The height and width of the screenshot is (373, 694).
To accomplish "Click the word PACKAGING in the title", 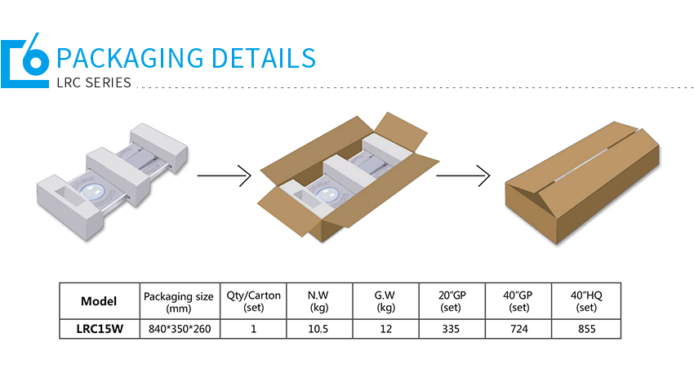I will (x=130, y=59).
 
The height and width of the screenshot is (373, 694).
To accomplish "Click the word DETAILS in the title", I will (x=263, y=59).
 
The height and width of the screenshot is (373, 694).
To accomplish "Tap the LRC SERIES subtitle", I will (x=94, y=82).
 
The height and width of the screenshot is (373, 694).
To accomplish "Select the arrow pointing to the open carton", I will (x=222, y=175).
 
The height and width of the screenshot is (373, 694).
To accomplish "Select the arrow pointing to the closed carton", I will (x=462, y=175).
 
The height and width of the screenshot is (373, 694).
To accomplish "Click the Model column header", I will (x=99, y=301).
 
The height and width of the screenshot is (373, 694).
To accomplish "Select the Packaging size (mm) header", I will (x=178, y=301).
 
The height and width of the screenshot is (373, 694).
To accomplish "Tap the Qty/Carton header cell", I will (x=254, y=301).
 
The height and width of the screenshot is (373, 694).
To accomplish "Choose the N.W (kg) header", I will (x=318, y=301).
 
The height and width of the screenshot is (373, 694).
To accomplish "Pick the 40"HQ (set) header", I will (x=586, y=301).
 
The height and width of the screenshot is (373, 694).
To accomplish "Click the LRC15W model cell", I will (x=99, y=330).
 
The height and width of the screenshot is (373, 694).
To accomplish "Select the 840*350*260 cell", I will (x=178, y=330).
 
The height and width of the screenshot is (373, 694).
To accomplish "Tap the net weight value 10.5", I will (x=318, y=330).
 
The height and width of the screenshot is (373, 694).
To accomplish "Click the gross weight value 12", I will (x=385, y=330).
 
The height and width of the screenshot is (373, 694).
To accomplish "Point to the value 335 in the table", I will (x=452, y=330).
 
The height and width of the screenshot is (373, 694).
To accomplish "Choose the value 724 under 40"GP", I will (x=518, y=330).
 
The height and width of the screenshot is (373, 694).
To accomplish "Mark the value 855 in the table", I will (x=586, y=330).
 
